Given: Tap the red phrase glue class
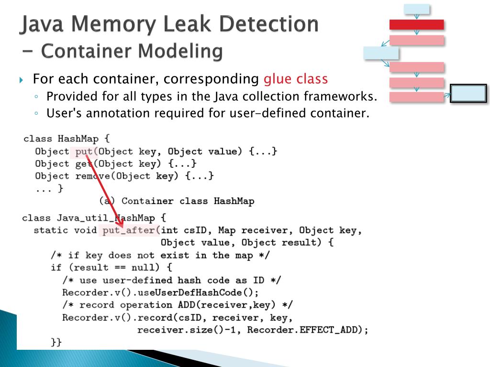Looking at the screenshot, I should pyautogui.click(x=296, y=79).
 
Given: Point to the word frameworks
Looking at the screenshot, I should pyautogui.click(x=340, y=97).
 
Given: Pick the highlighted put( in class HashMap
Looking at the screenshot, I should pyautogui.click(x=86, y=151).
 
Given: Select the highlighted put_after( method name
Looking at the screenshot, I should pyautogui.click(x=129, y=231).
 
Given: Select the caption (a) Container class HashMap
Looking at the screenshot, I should pyautogui.click(x=177, y=201).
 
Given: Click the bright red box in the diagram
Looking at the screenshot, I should pyautogui.click(x=417, y=24).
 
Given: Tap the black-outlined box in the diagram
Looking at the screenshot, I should pyautogui.click(x=469, y=94).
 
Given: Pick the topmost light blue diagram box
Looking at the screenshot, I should pyautogui.click(x=417, y=9).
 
